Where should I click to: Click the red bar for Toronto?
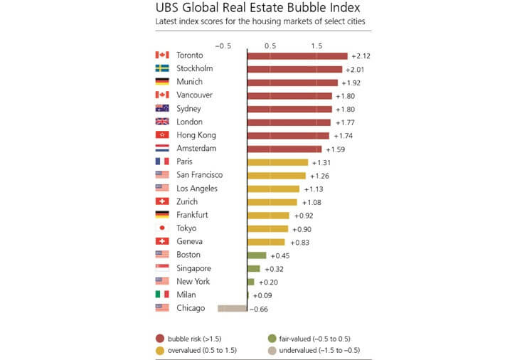(x=297, y=55)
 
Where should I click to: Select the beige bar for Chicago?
(x=232, y=308)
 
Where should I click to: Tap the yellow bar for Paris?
(x=277, y=162)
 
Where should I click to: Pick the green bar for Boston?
(x=256, y=255)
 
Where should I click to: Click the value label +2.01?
(x=354, y=70)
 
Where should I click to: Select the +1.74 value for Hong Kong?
(x=341, y=136)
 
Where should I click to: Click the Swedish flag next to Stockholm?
(x=161, y=69)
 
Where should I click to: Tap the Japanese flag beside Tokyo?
(x=161, y=228)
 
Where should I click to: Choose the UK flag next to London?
(x=161, y=122)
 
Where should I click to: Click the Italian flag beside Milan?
(x=161, y=295)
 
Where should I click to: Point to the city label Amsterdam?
(x=196, y=149)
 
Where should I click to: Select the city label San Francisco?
(x=200, y=175)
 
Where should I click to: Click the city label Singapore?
(x=194, y=268)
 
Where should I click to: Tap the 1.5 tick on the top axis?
(x=316, y=46)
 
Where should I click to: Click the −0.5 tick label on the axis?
(x=223, y=46)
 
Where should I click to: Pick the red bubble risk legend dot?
(x=160, y=339)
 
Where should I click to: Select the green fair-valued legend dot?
(x=272, y=339)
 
